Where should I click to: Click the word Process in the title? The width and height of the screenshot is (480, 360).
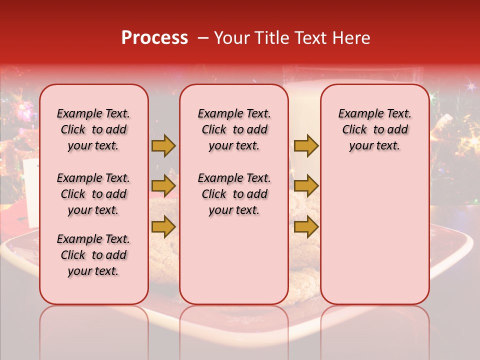pos(154,38)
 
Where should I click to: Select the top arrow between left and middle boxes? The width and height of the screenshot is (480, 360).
pos(163,145)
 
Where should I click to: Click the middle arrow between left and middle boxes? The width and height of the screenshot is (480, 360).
pos(163,186)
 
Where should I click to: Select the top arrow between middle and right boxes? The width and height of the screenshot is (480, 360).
pos(306,145)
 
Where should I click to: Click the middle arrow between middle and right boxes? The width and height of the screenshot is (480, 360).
pos(306,186)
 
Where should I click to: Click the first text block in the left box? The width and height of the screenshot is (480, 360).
pos(93,129)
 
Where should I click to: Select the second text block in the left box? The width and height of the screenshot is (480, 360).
pos(93,194)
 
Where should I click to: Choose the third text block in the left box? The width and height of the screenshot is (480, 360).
pos(93,255)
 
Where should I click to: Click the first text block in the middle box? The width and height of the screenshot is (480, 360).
pos(234,129)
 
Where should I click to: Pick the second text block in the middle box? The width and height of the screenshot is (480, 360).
pos(234,194)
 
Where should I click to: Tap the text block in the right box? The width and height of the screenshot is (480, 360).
pos(374,129)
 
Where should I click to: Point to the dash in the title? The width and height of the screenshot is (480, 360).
pos(202,38)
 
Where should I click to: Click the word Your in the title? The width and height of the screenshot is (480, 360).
pos(232,38)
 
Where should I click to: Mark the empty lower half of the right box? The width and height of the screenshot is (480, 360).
pos(374,235)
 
